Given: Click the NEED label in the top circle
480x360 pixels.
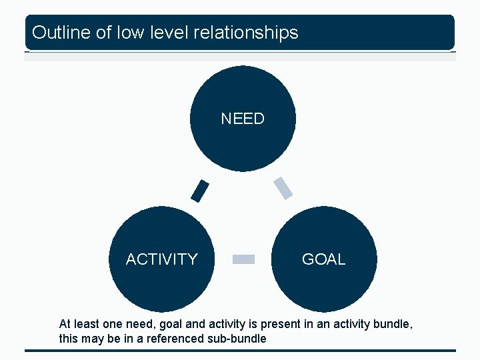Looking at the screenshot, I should pyautogui.click(x=243, y=119).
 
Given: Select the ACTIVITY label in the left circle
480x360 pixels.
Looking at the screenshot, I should pyautogui.click(x=162, y=259).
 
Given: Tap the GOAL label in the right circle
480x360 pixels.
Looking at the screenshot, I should pyautogui.click(x=323, y=259).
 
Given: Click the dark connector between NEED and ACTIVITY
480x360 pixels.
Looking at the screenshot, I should pyautogui.click(x=199, y=191).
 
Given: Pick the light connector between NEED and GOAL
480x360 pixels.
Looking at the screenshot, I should pyautogui.click(x=283, y=188).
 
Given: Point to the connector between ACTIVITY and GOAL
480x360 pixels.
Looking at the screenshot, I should pyautogui.click(x=243, y=259).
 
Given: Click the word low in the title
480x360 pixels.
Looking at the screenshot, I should pyautogui.click(x=128, y=32).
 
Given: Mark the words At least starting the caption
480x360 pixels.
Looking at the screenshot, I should pyautogui.click(x=77, y=324).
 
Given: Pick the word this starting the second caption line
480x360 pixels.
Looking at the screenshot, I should pyautogui.click(x=68, y=339).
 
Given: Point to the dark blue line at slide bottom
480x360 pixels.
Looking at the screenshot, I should pyautogui.click(x=240, y=351).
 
